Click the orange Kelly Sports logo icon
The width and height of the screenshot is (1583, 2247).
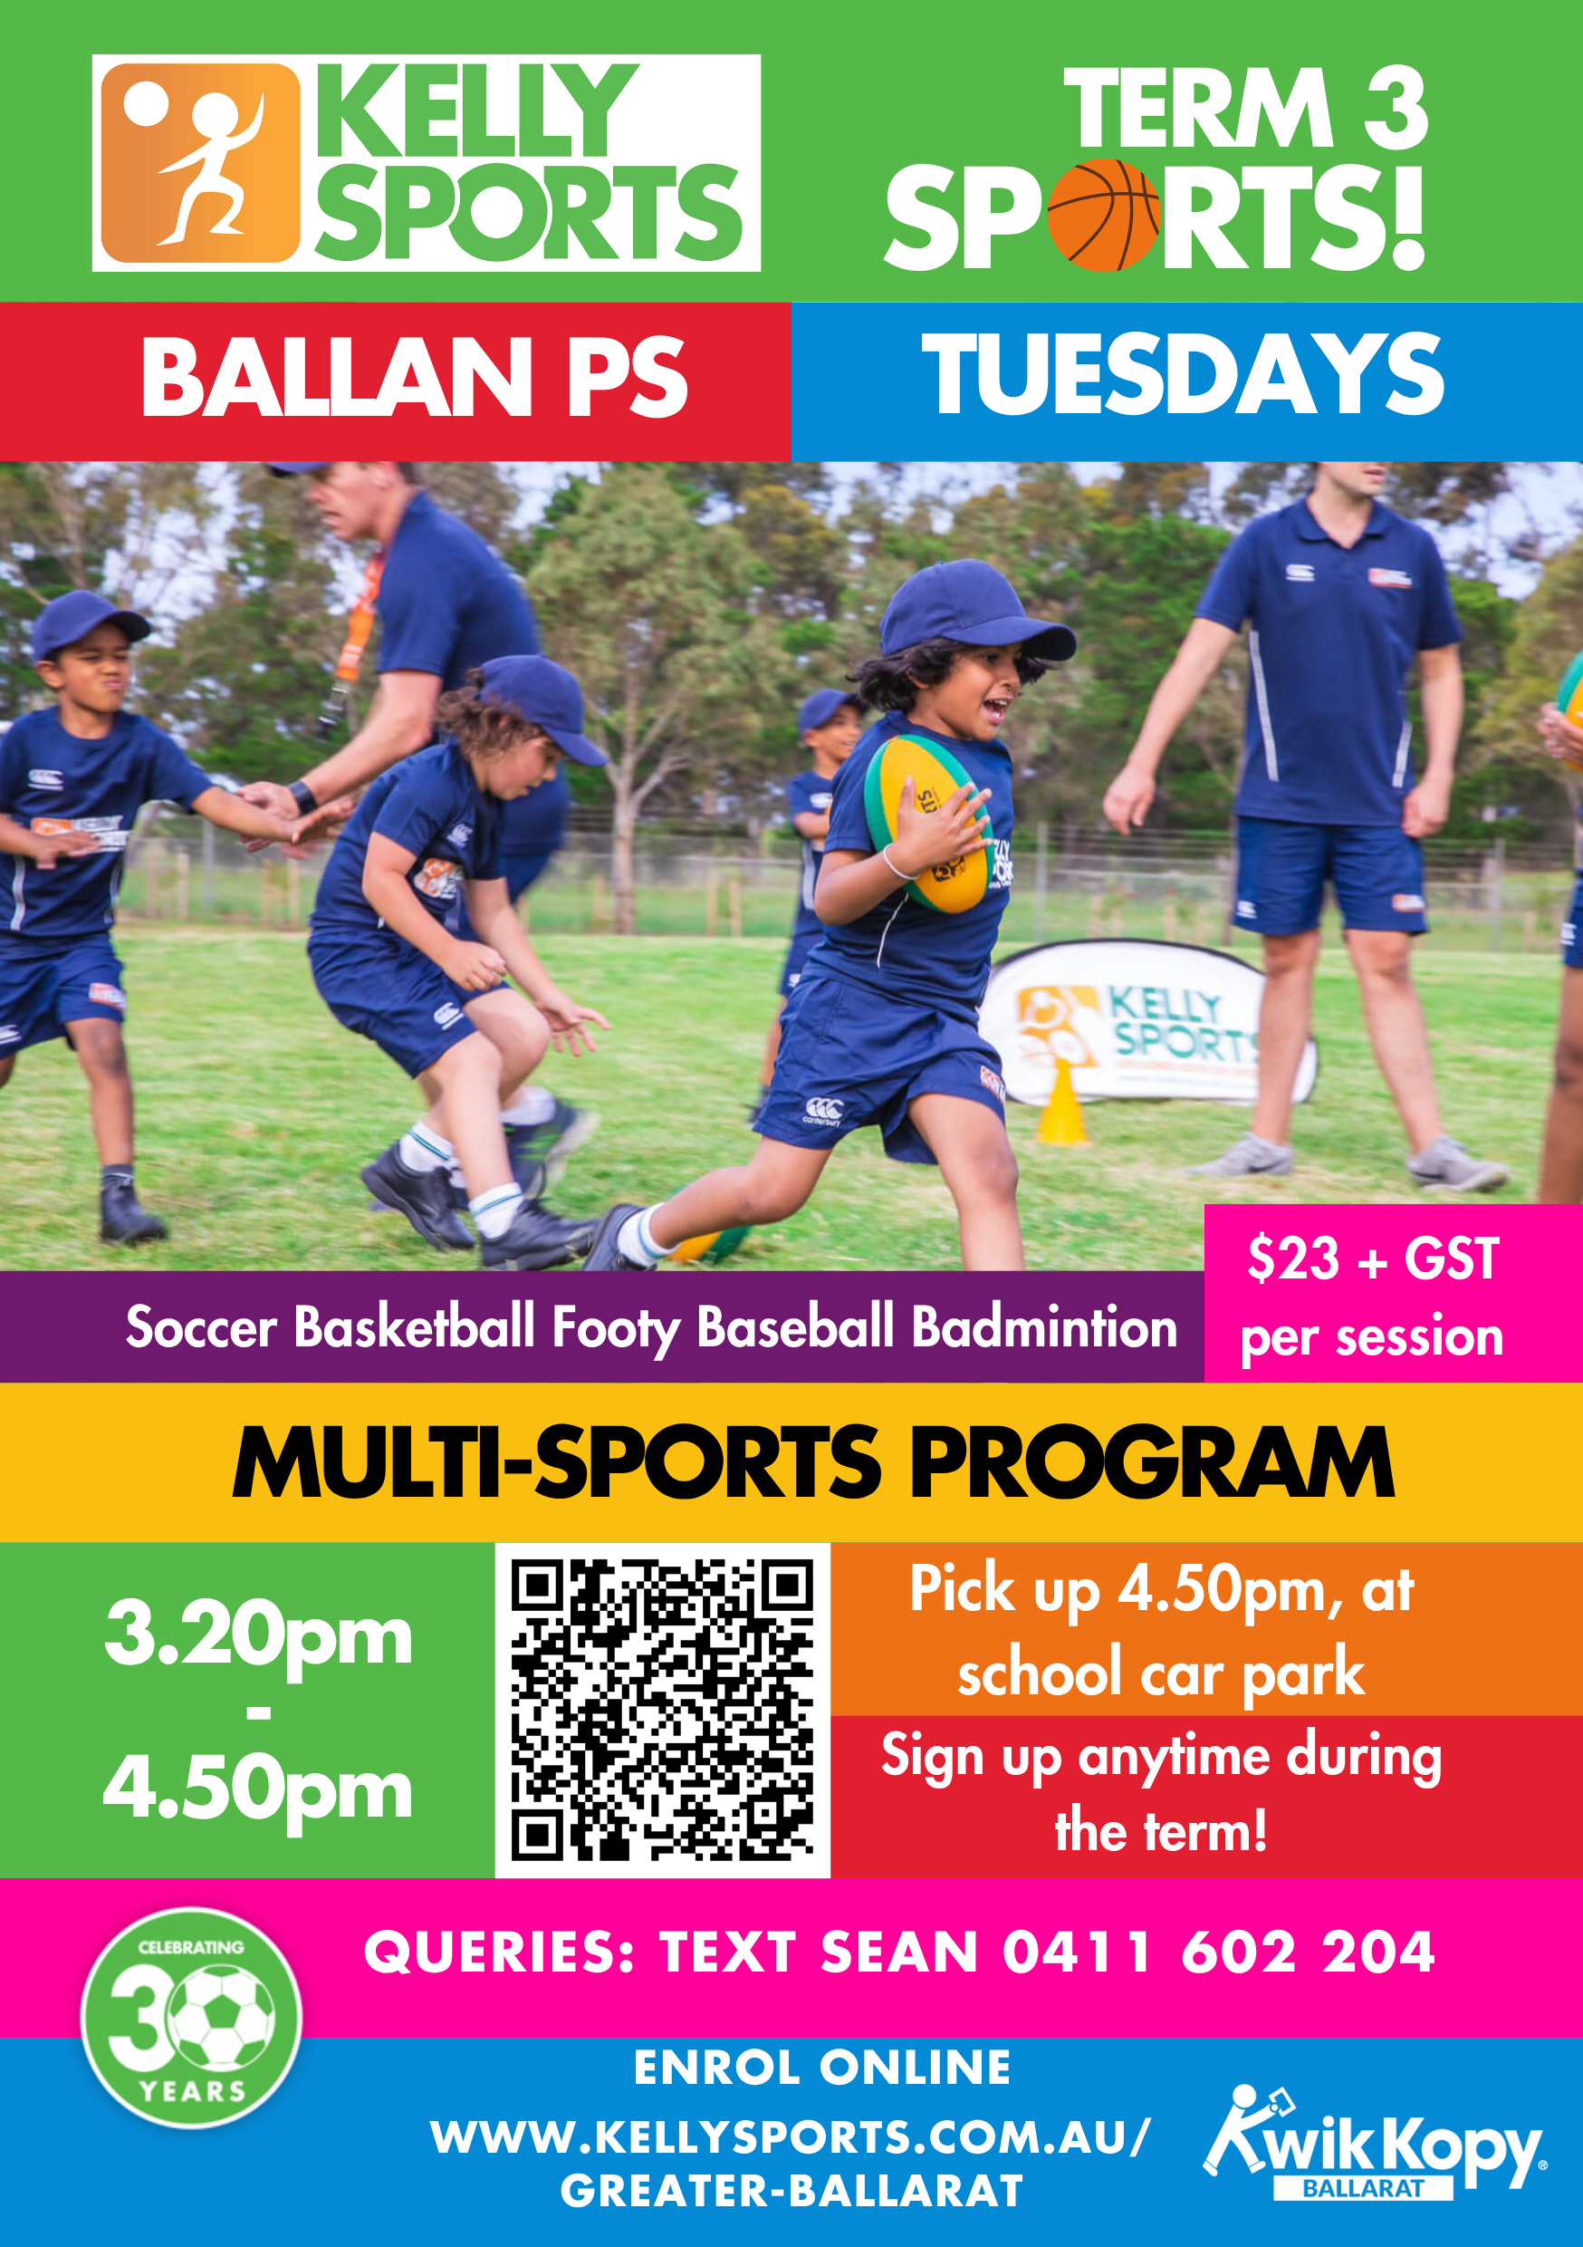click(x=200, y=163)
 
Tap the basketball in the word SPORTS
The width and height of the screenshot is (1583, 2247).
click(x=1104, y=216)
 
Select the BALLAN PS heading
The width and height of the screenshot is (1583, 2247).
click(x=415, y=377)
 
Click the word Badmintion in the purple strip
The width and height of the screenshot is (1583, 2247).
click(x=1044, y=1328)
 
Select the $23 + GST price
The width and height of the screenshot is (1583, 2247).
click(x=1373, y=1259)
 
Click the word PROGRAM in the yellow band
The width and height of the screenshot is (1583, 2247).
click(x=1153, y=1463)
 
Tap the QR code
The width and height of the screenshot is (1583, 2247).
click(x=662, y=1710)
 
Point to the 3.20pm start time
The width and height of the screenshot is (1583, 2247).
click(x=258, y=1634)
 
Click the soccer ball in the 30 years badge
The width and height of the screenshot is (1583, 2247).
click(x=222, y=2018)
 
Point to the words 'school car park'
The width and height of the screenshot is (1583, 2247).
click(x=1160, y=1674)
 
